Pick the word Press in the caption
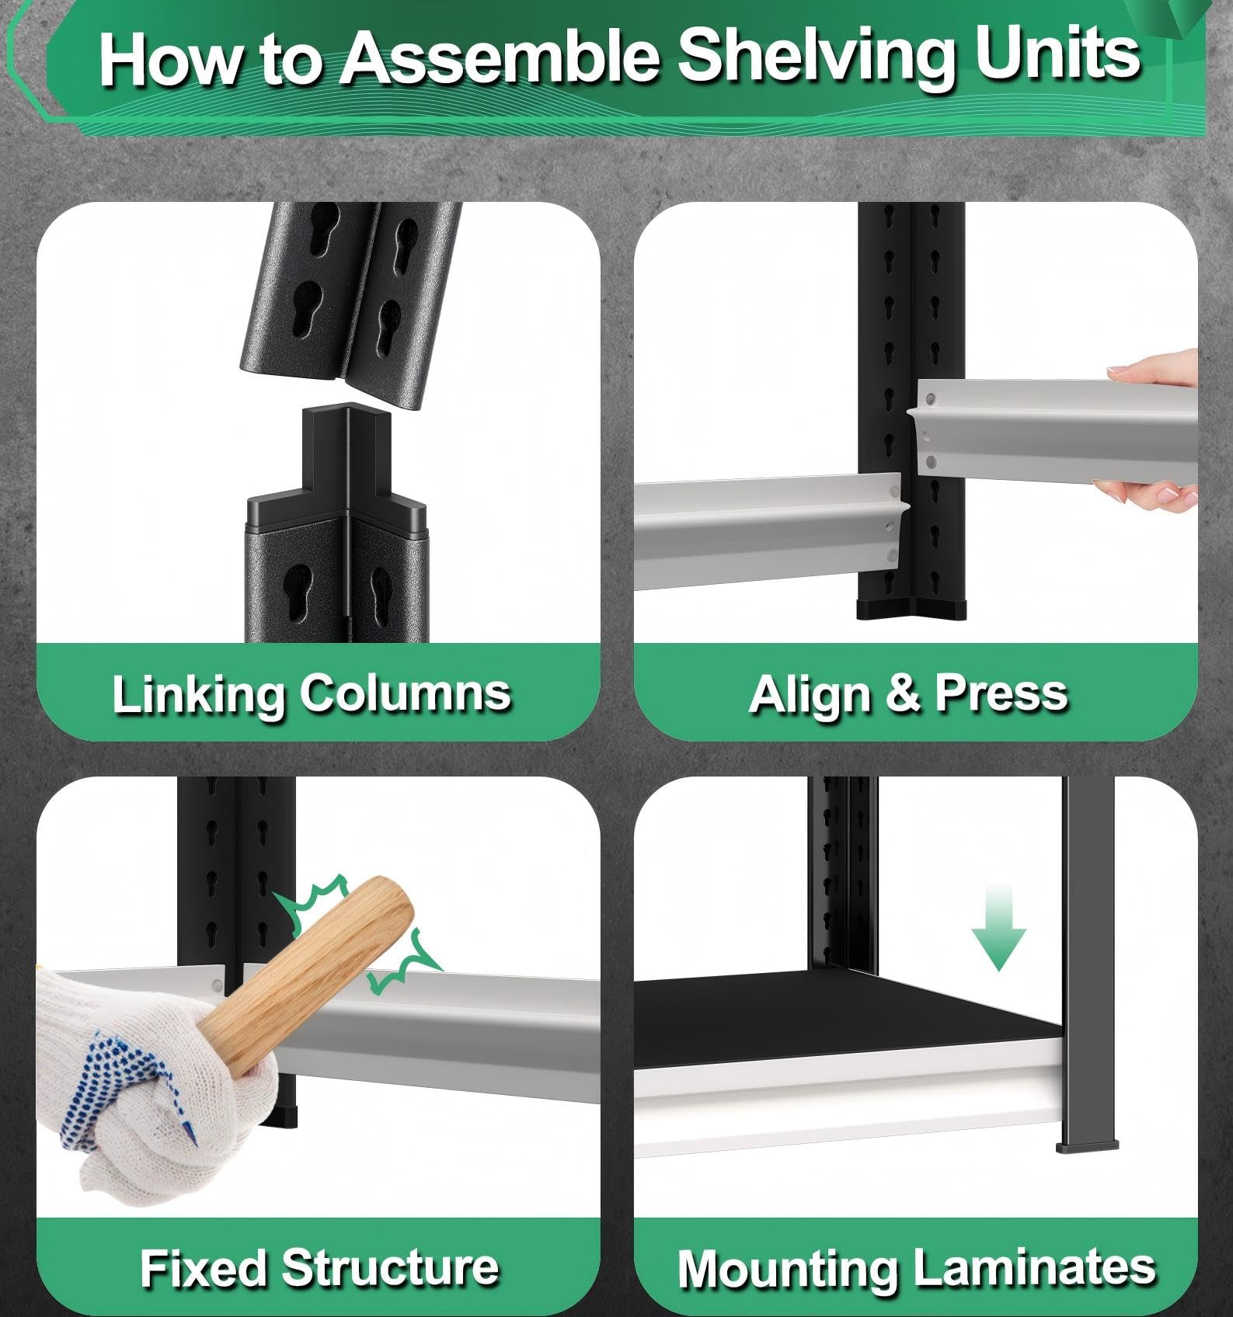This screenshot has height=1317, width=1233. tap(1001, 693)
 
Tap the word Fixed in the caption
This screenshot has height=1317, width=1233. tap(204, 1267)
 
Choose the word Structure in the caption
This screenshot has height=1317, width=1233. tap(390, 1267)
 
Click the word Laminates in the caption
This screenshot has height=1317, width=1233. tap(1035, 1267)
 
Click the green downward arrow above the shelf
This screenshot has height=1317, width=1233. tap(998, 928)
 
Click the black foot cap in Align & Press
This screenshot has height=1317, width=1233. tap(911, 608)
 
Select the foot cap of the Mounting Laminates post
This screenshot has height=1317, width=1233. tap(1087, 1145)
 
